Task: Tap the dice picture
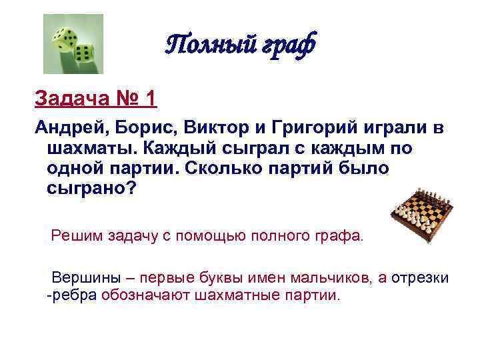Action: [x=73, y=43]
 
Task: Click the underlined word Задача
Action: [x=68, y=99]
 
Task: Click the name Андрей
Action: [x=69, y=127]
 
